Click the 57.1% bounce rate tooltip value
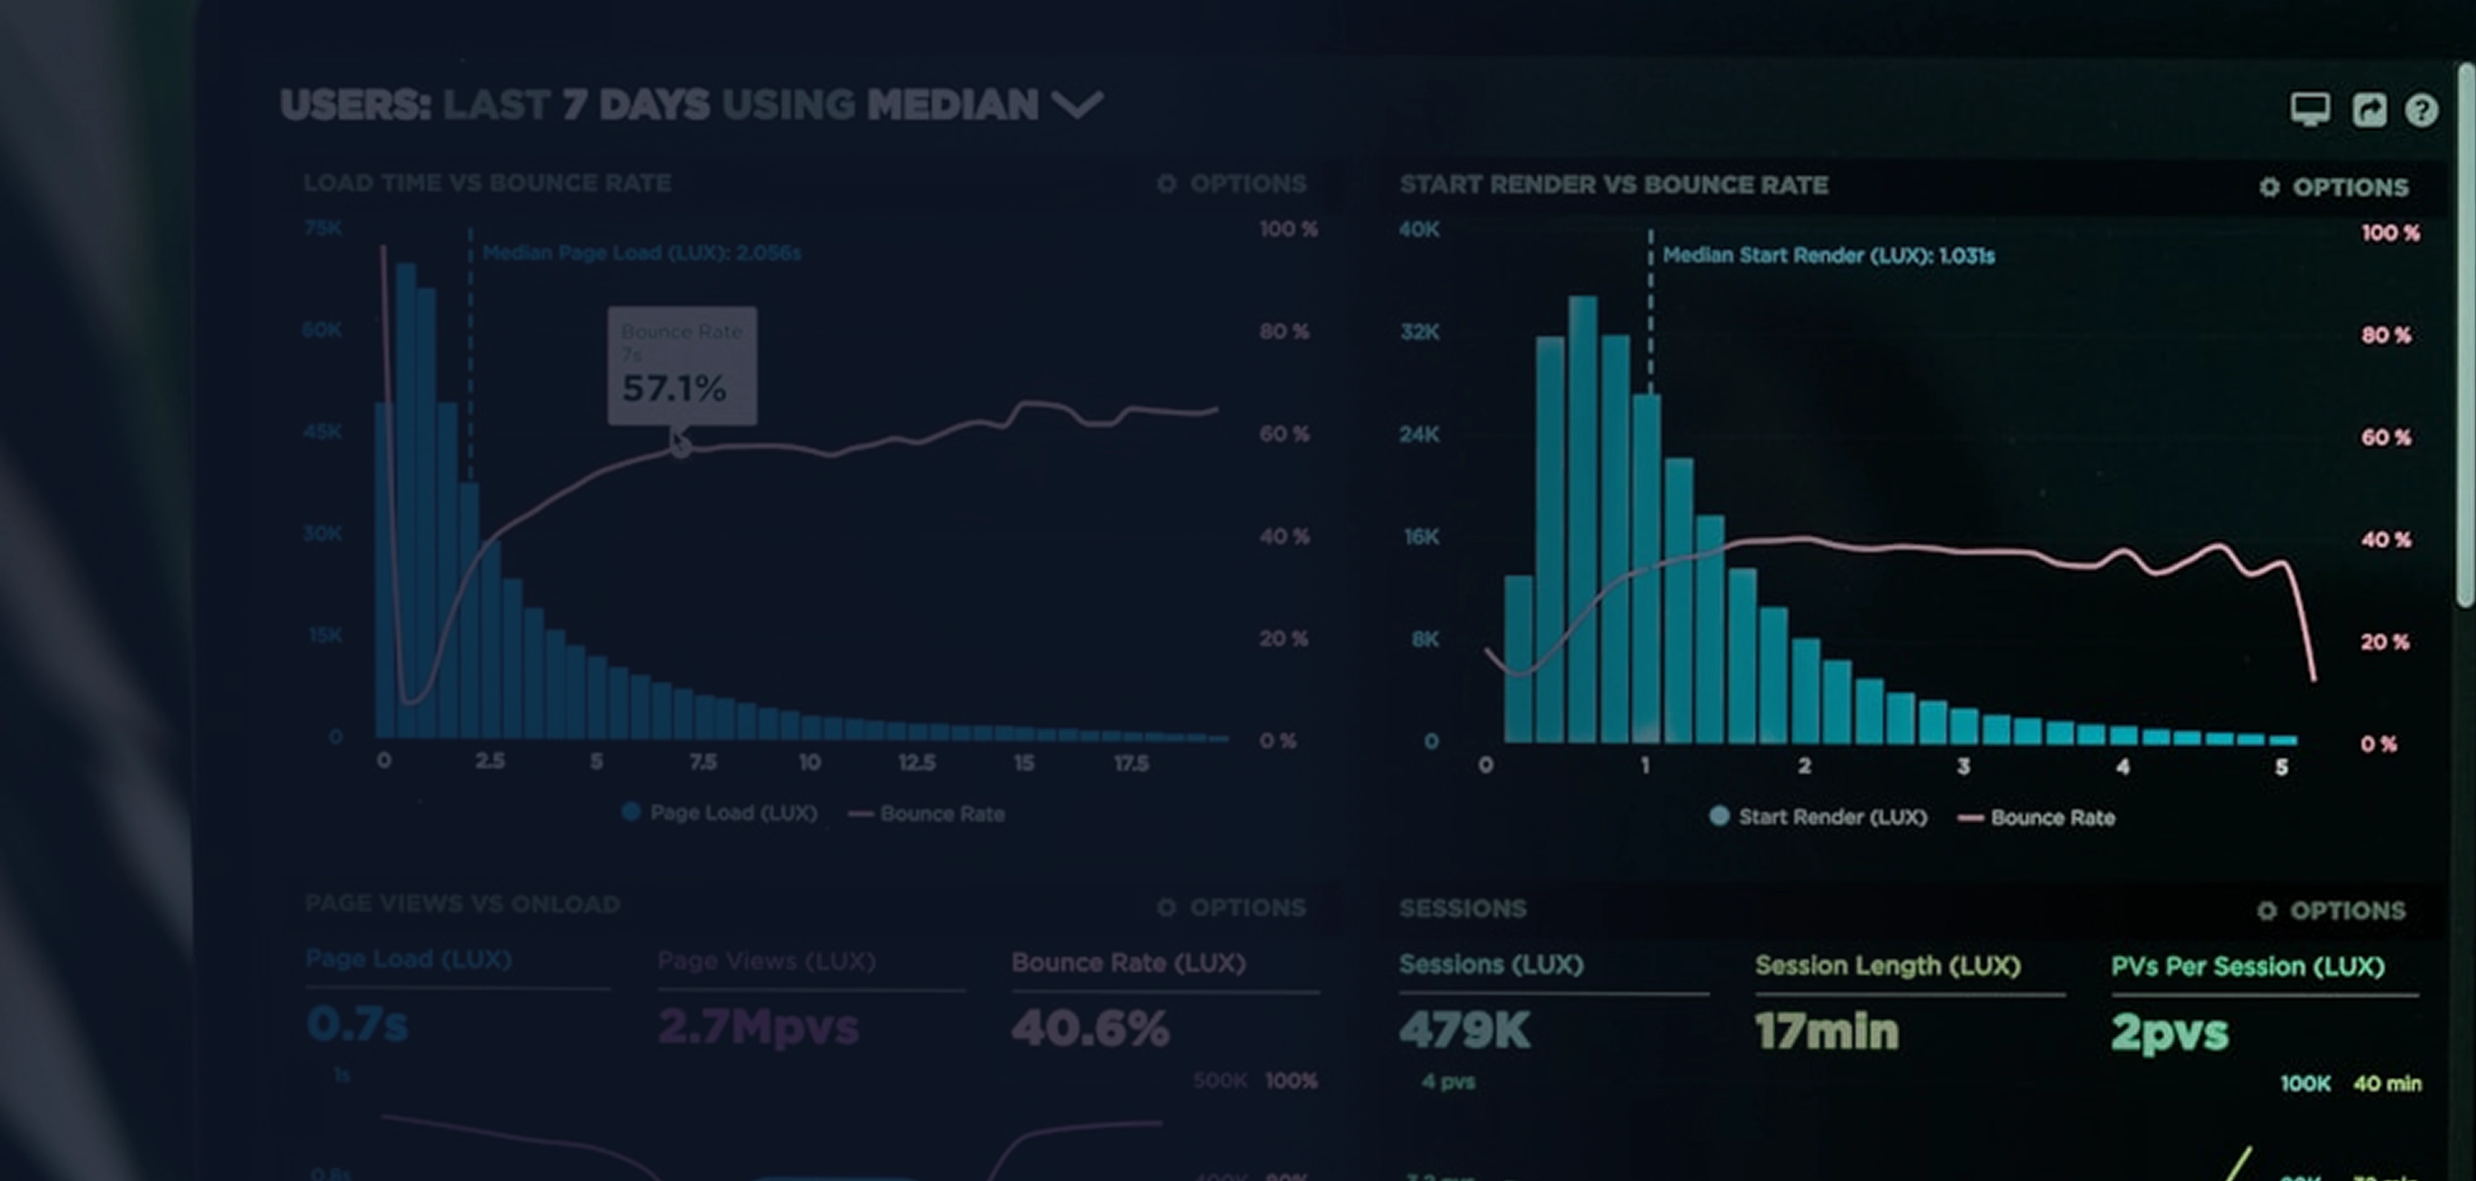(674, 388)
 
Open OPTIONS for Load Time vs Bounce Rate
(1232, 183)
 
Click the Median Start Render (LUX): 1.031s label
(1828, 256)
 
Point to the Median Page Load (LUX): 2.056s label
(641, 253)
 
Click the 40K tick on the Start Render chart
(1420, 229)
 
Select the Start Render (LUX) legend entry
(1819, 817)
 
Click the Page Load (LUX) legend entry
(721, 813)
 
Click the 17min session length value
(1826, 1031)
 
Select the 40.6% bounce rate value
(1090, 1028)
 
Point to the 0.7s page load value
(357, 1024)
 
